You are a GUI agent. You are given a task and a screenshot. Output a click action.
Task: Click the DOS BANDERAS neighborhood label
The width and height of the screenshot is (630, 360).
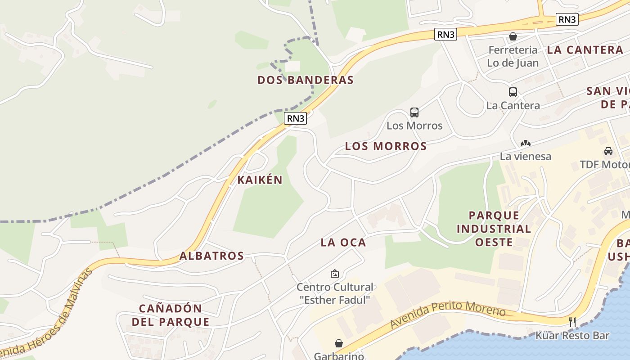(305, 80)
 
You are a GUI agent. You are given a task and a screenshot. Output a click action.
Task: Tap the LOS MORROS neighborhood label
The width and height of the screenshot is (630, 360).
(386, 146)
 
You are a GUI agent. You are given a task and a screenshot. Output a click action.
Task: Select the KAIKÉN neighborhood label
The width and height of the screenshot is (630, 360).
(260, 180)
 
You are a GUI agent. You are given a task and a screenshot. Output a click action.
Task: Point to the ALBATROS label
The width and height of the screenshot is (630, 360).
(211, 256)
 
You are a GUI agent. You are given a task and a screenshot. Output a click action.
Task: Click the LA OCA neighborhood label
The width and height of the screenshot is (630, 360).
(343, 243)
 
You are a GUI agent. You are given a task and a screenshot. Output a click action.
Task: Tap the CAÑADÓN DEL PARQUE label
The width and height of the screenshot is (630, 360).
(174, 315)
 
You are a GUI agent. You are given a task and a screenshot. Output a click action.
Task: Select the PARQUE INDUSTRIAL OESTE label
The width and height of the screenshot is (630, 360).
(494, 229)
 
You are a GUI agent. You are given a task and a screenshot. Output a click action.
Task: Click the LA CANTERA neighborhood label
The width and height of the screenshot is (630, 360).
(585, 50)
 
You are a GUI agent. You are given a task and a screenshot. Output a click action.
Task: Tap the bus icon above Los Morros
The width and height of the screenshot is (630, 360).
(414, 112)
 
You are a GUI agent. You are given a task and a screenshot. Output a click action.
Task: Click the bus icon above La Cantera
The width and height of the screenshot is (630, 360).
(513, 92)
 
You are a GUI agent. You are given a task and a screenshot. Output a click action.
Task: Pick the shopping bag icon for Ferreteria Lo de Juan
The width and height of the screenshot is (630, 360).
(513, 36)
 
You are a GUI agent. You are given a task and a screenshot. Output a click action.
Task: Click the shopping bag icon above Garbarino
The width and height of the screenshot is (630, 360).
(338, 343)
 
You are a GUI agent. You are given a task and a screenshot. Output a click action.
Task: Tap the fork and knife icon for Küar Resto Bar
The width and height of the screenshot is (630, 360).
(572, 322)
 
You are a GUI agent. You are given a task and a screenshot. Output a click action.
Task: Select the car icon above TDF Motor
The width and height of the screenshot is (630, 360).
(608, 151)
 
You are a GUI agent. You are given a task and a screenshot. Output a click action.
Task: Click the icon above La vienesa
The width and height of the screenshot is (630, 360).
(525, 143)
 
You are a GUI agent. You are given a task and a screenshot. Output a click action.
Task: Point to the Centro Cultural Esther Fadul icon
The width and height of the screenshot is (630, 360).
(335, 273)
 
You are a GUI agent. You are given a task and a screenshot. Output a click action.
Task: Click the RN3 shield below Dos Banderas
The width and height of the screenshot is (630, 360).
(296, 118)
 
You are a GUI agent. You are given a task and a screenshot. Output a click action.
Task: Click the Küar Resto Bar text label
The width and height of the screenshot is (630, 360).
(572, 336)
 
